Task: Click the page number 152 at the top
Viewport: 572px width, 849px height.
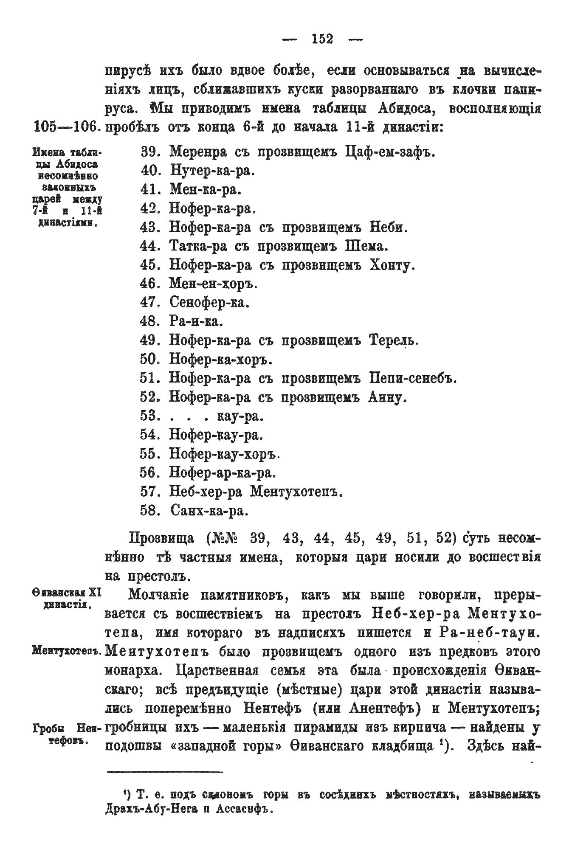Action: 322,39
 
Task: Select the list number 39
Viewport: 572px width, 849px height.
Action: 149,152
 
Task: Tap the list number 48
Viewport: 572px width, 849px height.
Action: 149,321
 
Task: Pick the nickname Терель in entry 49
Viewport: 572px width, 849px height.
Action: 394,340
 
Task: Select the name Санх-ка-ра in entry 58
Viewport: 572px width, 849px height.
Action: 208,510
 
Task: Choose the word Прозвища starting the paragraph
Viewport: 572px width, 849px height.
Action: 161,539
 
